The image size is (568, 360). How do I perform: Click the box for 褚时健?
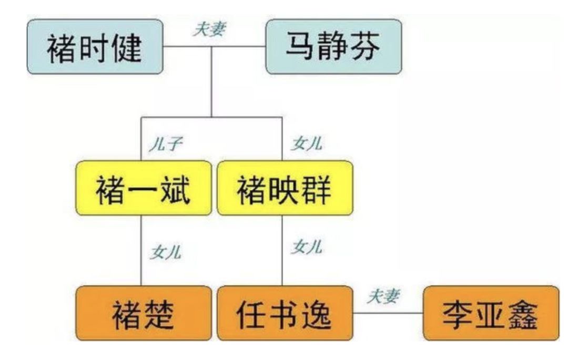(x=95, y=47)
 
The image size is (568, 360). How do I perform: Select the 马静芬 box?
(x=333, y=47)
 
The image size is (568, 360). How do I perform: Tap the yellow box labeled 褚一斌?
(x=144, y=188)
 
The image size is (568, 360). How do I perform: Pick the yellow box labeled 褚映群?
(x=285, y=188)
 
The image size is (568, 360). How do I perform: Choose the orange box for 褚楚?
(x=144, y=313)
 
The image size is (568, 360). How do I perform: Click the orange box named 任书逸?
(x=285, y=313)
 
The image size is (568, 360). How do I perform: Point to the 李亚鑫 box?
(x=491, y=313)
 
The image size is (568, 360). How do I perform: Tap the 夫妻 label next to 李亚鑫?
(x=382, y=296)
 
